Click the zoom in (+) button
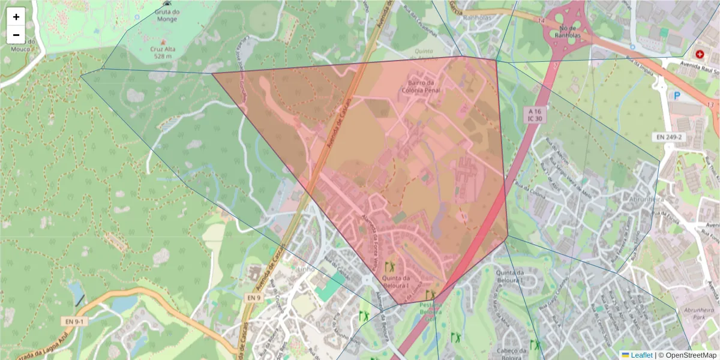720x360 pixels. tap(16, 17)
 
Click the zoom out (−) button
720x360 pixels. tap(16, 35)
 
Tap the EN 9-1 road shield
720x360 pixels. tap(75, 322)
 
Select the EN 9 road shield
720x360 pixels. tap(254, 297)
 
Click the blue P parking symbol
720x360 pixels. tap(677, 95)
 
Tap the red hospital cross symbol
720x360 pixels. tap(699, 53)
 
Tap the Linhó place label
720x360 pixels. tap(307, 269)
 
